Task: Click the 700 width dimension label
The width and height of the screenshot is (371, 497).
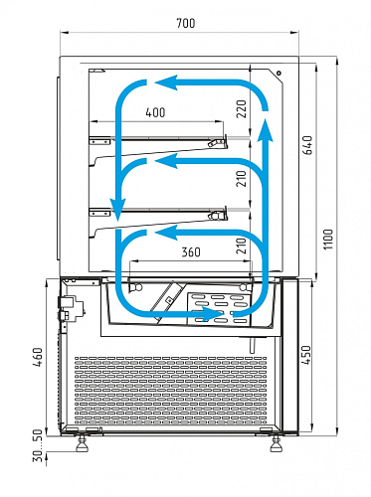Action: coord(186,23)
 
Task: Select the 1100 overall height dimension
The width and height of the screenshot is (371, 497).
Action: coord(328,240)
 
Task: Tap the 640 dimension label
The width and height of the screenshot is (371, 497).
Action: coord(307,145)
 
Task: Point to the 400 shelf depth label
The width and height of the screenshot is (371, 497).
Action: coord(155,112)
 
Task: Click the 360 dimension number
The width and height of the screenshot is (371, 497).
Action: coord(191,252)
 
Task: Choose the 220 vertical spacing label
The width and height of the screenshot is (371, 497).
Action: coord(242,109)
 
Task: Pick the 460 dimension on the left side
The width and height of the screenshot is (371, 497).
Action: coord(38,357)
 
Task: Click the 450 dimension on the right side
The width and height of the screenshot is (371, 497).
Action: coord(306,355)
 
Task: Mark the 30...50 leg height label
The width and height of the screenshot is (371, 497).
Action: coord(38,445)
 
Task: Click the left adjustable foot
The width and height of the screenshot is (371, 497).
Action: coord(82,443)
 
